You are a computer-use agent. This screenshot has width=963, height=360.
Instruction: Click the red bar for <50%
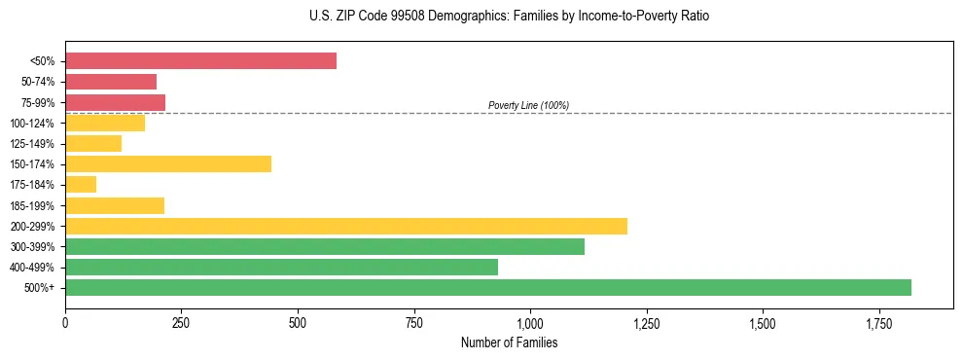[200, 61]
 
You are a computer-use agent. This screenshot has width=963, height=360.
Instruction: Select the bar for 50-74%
[111, 82]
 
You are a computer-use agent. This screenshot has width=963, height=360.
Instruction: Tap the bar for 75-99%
[115, 102]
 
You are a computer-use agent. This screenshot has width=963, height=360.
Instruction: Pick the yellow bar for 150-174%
[168, 163]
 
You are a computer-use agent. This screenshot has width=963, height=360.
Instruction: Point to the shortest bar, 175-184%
[81, 184]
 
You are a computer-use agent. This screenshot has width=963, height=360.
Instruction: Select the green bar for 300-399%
[325, 246]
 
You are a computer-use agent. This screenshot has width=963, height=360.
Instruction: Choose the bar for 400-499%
[281, 267]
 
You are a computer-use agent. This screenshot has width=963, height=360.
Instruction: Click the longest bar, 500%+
[488, 287]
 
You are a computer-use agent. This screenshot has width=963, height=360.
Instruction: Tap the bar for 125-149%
[93, 143]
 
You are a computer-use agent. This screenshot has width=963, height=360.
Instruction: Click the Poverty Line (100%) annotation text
[528, 105]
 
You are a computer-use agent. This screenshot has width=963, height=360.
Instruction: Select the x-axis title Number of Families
[509, 342]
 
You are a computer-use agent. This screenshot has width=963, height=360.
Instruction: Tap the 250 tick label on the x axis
[181, 323]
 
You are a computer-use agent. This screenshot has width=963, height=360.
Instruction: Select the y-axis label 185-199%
[32, 205]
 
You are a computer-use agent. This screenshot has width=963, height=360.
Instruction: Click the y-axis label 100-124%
[32, 123]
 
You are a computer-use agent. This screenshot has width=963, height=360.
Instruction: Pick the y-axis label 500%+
[40, 288]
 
